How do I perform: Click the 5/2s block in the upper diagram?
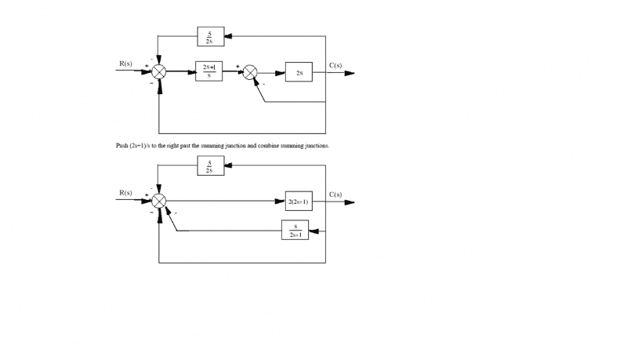210,36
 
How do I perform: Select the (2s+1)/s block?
208,72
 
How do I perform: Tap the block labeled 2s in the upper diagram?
299,73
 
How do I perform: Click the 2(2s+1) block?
299,202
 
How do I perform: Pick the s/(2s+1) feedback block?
295,231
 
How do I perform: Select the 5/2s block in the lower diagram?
210,165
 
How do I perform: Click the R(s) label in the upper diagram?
125,63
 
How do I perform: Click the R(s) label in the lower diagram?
125,193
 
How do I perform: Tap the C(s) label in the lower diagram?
335,194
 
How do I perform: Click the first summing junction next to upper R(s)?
160,72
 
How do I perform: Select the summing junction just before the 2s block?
251,73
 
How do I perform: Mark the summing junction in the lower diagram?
160,202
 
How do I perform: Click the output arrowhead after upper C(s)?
350,73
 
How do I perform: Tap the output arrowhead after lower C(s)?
350,202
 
